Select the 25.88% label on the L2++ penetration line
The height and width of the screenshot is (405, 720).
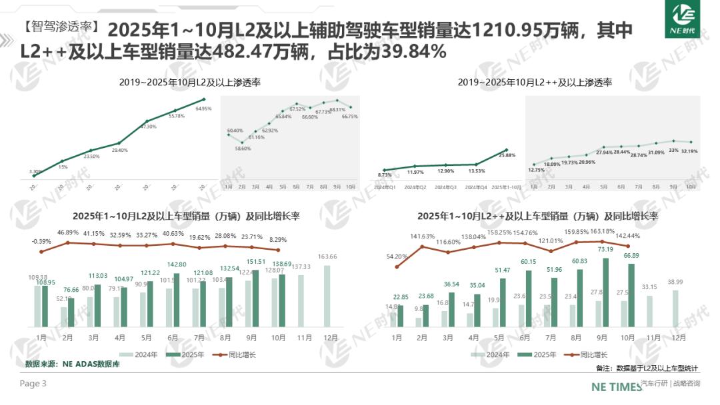506,156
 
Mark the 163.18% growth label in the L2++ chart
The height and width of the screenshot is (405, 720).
603,232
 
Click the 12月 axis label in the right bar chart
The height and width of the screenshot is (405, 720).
679,338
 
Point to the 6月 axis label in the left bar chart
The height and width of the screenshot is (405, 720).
173,338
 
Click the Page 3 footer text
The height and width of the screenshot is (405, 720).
33,384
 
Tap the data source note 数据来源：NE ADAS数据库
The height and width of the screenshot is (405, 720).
73,364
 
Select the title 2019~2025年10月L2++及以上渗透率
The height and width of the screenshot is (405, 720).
535,83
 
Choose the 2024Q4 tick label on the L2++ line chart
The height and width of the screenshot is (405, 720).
476,187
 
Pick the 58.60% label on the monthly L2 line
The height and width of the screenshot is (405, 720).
242,149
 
